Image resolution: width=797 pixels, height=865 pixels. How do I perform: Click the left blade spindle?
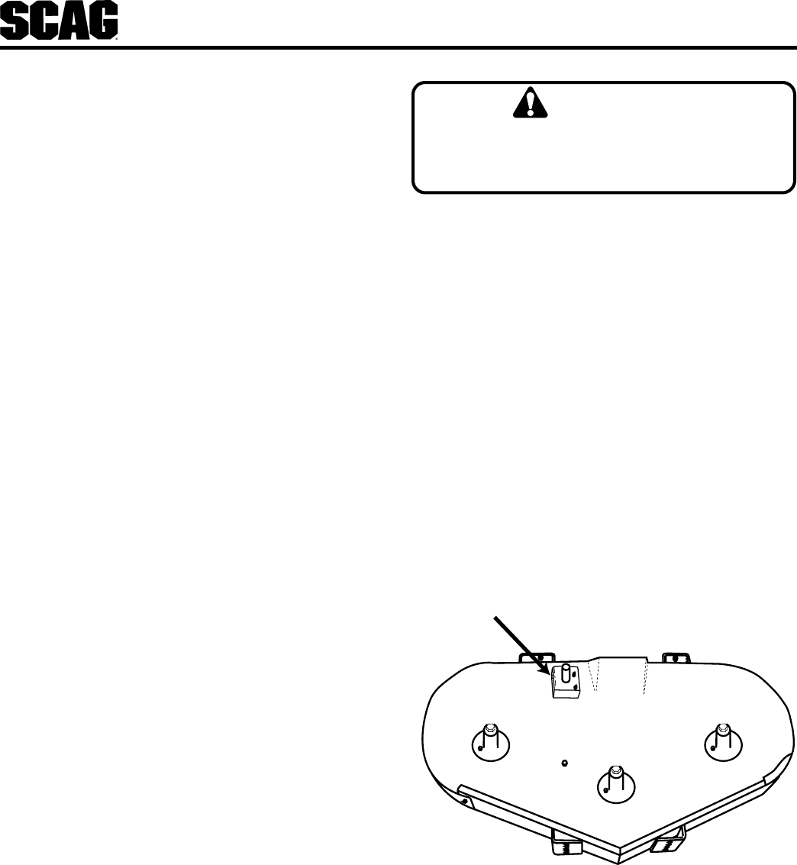[x=489, y=741]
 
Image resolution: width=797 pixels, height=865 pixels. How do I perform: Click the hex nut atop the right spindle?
[x=722, y=730]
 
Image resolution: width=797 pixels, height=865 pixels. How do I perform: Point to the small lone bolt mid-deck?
[x=563, y=762]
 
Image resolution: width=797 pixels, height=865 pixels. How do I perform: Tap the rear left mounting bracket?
[x=534, y=657]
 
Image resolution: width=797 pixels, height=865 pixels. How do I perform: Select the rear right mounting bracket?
[x=676, y=657]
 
